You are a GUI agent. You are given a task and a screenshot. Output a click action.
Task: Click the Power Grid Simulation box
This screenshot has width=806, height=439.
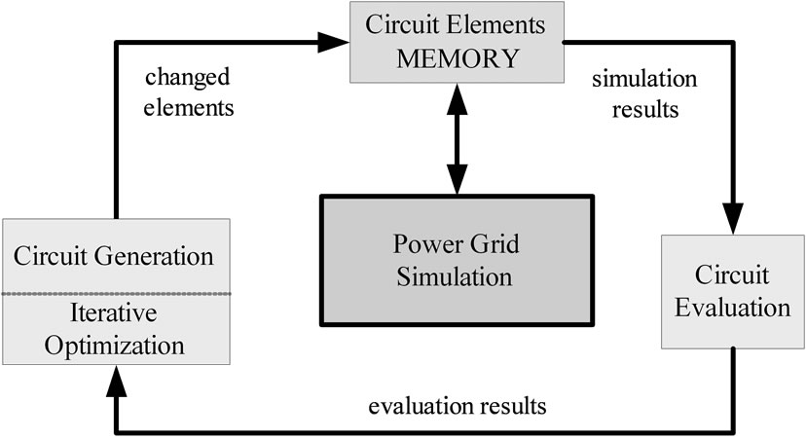click(456, 261)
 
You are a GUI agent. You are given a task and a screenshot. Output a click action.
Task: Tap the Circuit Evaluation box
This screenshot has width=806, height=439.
click(733, 291)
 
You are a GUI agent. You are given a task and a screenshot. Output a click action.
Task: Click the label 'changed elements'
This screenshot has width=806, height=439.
click(191, 93)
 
